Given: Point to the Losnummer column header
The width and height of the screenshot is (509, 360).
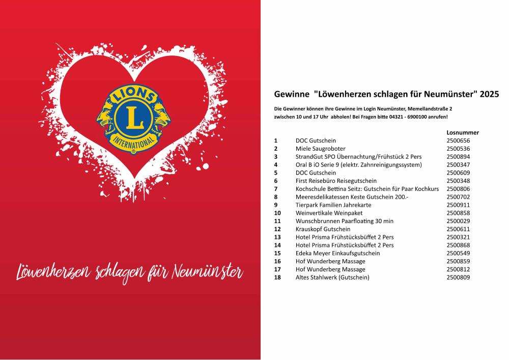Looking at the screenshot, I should click(x=462, y=132).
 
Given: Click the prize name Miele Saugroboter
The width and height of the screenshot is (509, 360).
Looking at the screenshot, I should click(x=320, y=149).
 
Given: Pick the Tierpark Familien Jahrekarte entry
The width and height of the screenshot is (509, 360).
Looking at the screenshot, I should click(x=333, y=205).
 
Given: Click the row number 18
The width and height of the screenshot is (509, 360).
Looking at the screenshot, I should click(x=277, y=278).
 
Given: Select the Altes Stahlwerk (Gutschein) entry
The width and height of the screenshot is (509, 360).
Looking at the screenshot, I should click(x=332, y=278).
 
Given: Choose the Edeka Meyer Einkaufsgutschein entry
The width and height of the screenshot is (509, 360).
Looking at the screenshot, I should click(x=337, y=253).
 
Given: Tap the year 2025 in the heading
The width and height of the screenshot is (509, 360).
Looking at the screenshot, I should click(x=490, y=95).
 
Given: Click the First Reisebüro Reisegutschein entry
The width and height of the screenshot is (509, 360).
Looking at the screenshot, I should click(x=336, y=181).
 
